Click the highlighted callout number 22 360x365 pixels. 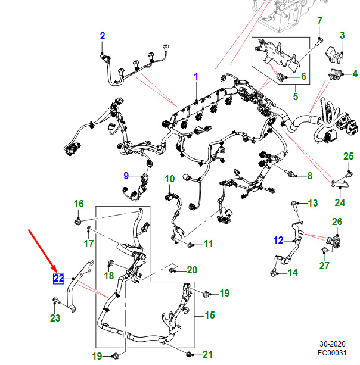(58, 278)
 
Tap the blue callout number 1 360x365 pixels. (195, 76)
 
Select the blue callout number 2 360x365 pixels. (102, 36)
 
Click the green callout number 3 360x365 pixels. (342, 36)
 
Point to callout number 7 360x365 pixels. (319, 21)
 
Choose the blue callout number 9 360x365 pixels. (126, 175)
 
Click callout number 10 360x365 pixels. (170, 179)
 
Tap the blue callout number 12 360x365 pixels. (278, 241)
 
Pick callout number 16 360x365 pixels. (79, 204)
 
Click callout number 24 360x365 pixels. (340, 202)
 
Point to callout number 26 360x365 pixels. (337, 222)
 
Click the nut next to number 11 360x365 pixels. (190, 244)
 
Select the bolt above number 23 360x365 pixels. (55, 301)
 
